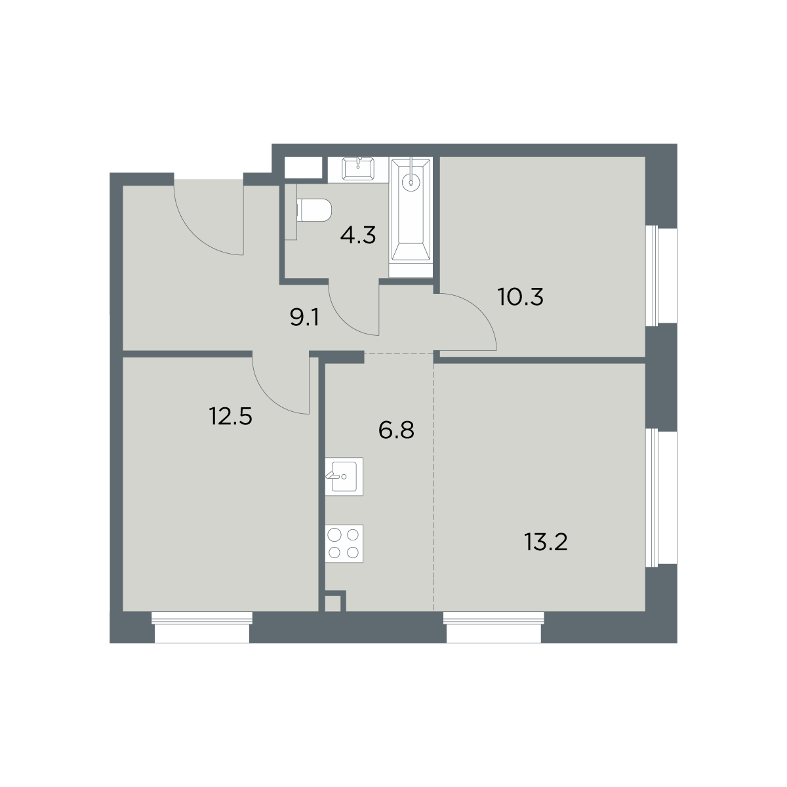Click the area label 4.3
coord(358,236)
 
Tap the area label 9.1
coord(304,317)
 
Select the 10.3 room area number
coord(521,297)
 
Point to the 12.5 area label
coord(231,416)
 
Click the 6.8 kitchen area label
coord(396,430)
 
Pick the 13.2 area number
coord(546,543)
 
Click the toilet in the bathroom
coord(314,211)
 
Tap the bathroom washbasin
coord(358,169)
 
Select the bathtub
coord(411,209)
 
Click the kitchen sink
coord(344,477)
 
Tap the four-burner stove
coord(344,544)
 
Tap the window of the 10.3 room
coord(661,275)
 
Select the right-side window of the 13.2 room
coord(661,497)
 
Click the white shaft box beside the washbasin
coord(303,167)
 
